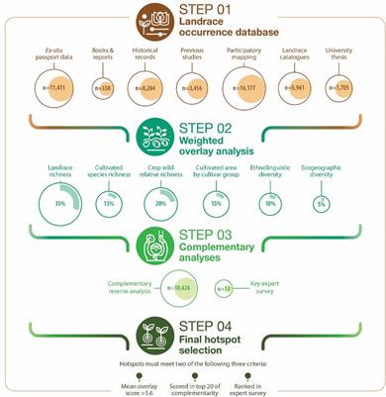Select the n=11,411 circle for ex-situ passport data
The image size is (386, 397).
point(42,88)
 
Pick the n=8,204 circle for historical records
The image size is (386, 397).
point(146,88)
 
